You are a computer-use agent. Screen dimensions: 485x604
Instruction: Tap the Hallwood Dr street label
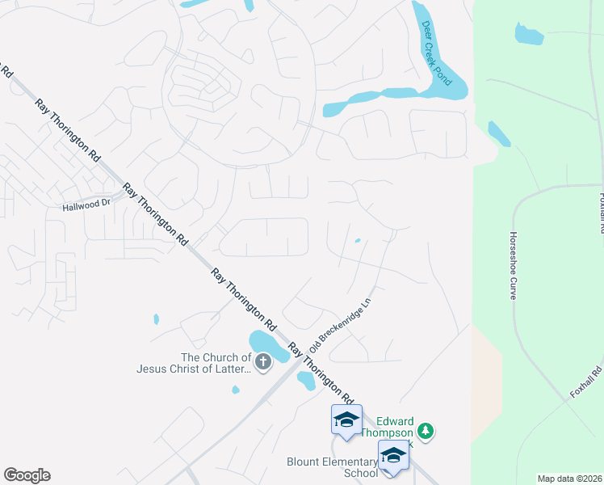pyautogui.click(x=86, y=205)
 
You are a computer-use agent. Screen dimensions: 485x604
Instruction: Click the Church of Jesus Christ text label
pyautogui.click(x=194, y=363)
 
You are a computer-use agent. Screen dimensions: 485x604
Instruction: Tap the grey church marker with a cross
pyautogui.click(x=263, y=364)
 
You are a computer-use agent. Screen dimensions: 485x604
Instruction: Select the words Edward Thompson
pyautogui.click(x=396, y=427)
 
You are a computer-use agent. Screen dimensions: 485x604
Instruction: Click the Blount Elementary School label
pyautogui.click(x=333, y=467)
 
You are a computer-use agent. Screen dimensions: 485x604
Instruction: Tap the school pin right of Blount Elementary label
pyautogui.click(x=393, y=456)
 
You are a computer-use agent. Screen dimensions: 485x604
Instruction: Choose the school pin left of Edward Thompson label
pyautogui.click(x=346, y=420)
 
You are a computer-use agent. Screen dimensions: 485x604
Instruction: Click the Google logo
pyautogui.click(x=27, y=475)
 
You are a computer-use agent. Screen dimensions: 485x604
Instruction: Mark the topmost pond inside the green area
pyautogui.click(x=529, y=34)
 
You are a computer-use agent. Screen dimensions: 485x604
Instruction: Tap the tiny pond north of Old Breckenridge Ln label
pyautogui.click(x=357, y=239)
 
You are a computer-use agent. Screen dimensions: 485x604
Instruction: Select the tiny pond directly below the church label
pyautogui.click(x=235, y=390)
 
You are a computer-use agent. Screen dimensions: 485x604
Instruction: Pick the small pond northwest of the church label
pyautogui.click(x=156, y=318)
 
